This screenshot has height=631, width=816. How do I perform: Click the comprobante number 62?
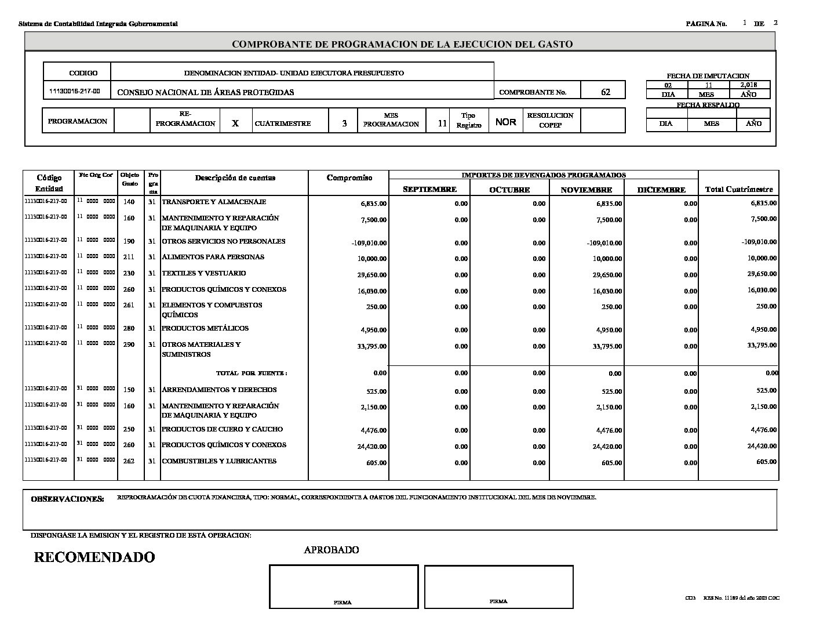(x=606, y=92)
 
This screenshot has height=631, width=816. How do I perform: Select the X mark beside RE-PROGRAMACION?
(x=235, y=124)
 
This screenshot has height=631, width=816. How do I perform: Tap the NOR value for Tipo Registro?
(x=506, y=122)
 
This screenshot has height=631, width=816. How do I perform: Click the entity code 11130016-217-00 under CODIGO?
(x=75, y=92)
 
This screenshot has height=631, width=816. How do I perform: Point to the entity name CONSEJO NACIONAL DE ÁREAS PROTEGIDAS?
(x=206, y=92)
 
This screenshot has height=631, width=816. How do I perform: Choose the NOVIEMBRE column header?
(x=586, y=190)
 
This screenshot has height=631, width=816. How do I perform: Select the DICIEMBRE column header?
(x=661, y=190)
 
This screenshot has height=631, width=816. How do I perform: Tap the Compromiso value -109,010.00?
(x=369, y=243)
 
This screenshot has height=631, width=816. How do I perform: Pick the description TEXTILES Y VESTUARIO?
(x=203, y=273)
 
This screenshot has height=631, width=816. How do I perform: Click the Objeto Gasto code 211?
(x=129, y=257)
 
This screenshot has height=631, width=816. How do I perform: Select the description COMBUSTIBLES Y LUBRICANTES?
(x=219, y=461)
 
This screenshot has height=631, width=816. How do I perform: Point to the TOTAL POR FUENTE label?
(x=252, y=373)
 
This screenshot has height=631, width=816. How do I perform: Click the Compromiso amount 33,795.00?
(x=373, y=346)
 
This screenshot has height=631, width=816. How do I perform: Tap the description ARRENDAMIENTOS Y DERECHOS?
(x=219, y=390)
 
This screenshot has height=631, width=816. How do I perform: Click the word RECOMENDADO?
(x=94, y=557)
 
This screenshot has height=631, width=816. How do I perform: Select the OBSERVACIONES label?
(x=67, y=499)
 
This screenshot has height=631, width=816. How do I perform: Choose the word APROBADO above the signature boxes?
(x=331, y=550)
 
